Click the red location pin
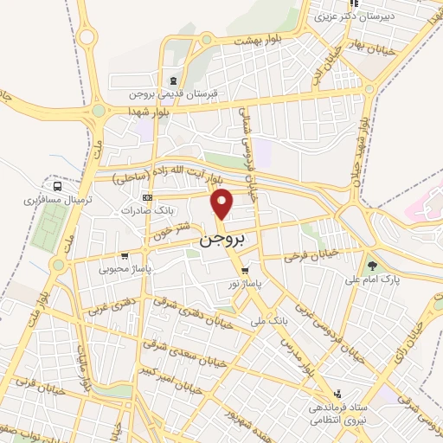click(x=223, y=204)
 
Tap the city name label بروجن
click(x=223, y=238)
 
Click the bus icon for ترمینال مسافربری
click(x=57, y=185)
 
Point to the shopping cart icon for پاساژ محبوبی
click(x=125, y=255)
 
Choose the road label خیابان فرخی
click(x=309, y=256)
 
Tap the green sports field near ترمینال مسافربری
click(x=48, y=228)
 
